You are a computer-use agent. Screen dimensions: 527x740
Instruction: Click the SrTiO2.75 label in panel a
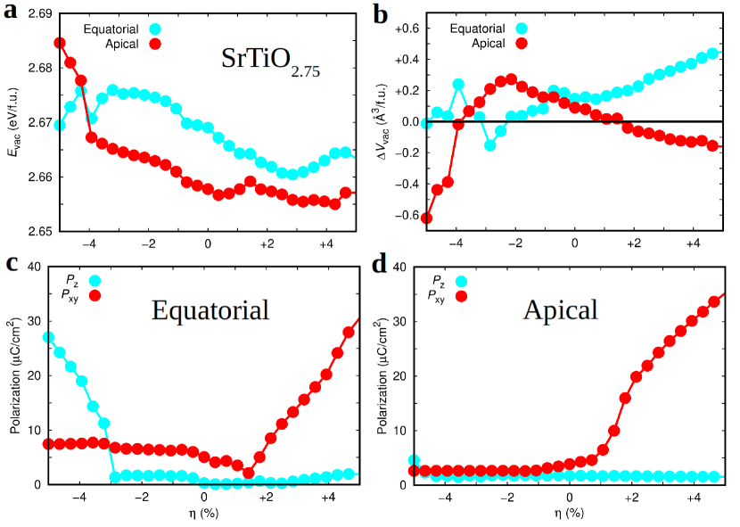pyautogui.click(x=269, y=61)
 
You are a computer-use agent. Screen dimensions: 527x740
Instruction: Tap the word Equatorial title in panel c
pyautogui.click(x=210, y=310)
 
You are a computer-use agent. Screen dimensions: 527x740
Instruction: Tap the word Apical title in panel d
pyautogui.click(x=561, y=309)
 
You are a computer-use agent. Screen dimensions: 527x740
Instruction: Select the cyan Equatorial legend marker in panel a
pyautogui.click(x=154, y=29)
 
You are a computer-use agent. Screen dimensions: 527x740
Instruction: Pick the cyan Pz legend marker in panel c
pyautogui.click(x=95, y=281)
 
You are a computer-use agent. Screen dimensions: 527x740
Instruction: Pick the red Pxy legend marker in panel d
pyautogui.click(x=463, y=295)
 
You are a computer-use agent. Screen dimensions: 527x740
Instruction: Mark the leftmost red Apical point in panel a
pyautogui.click(x=60, y=43)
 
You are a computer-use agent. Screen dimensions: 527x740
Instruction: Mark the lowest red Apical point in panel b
pyautogui.click(x=427, y=218)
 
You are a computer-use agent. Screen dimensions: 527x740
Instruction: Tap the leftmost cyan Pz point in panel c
pyautogui.click(x=49, y=338)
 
